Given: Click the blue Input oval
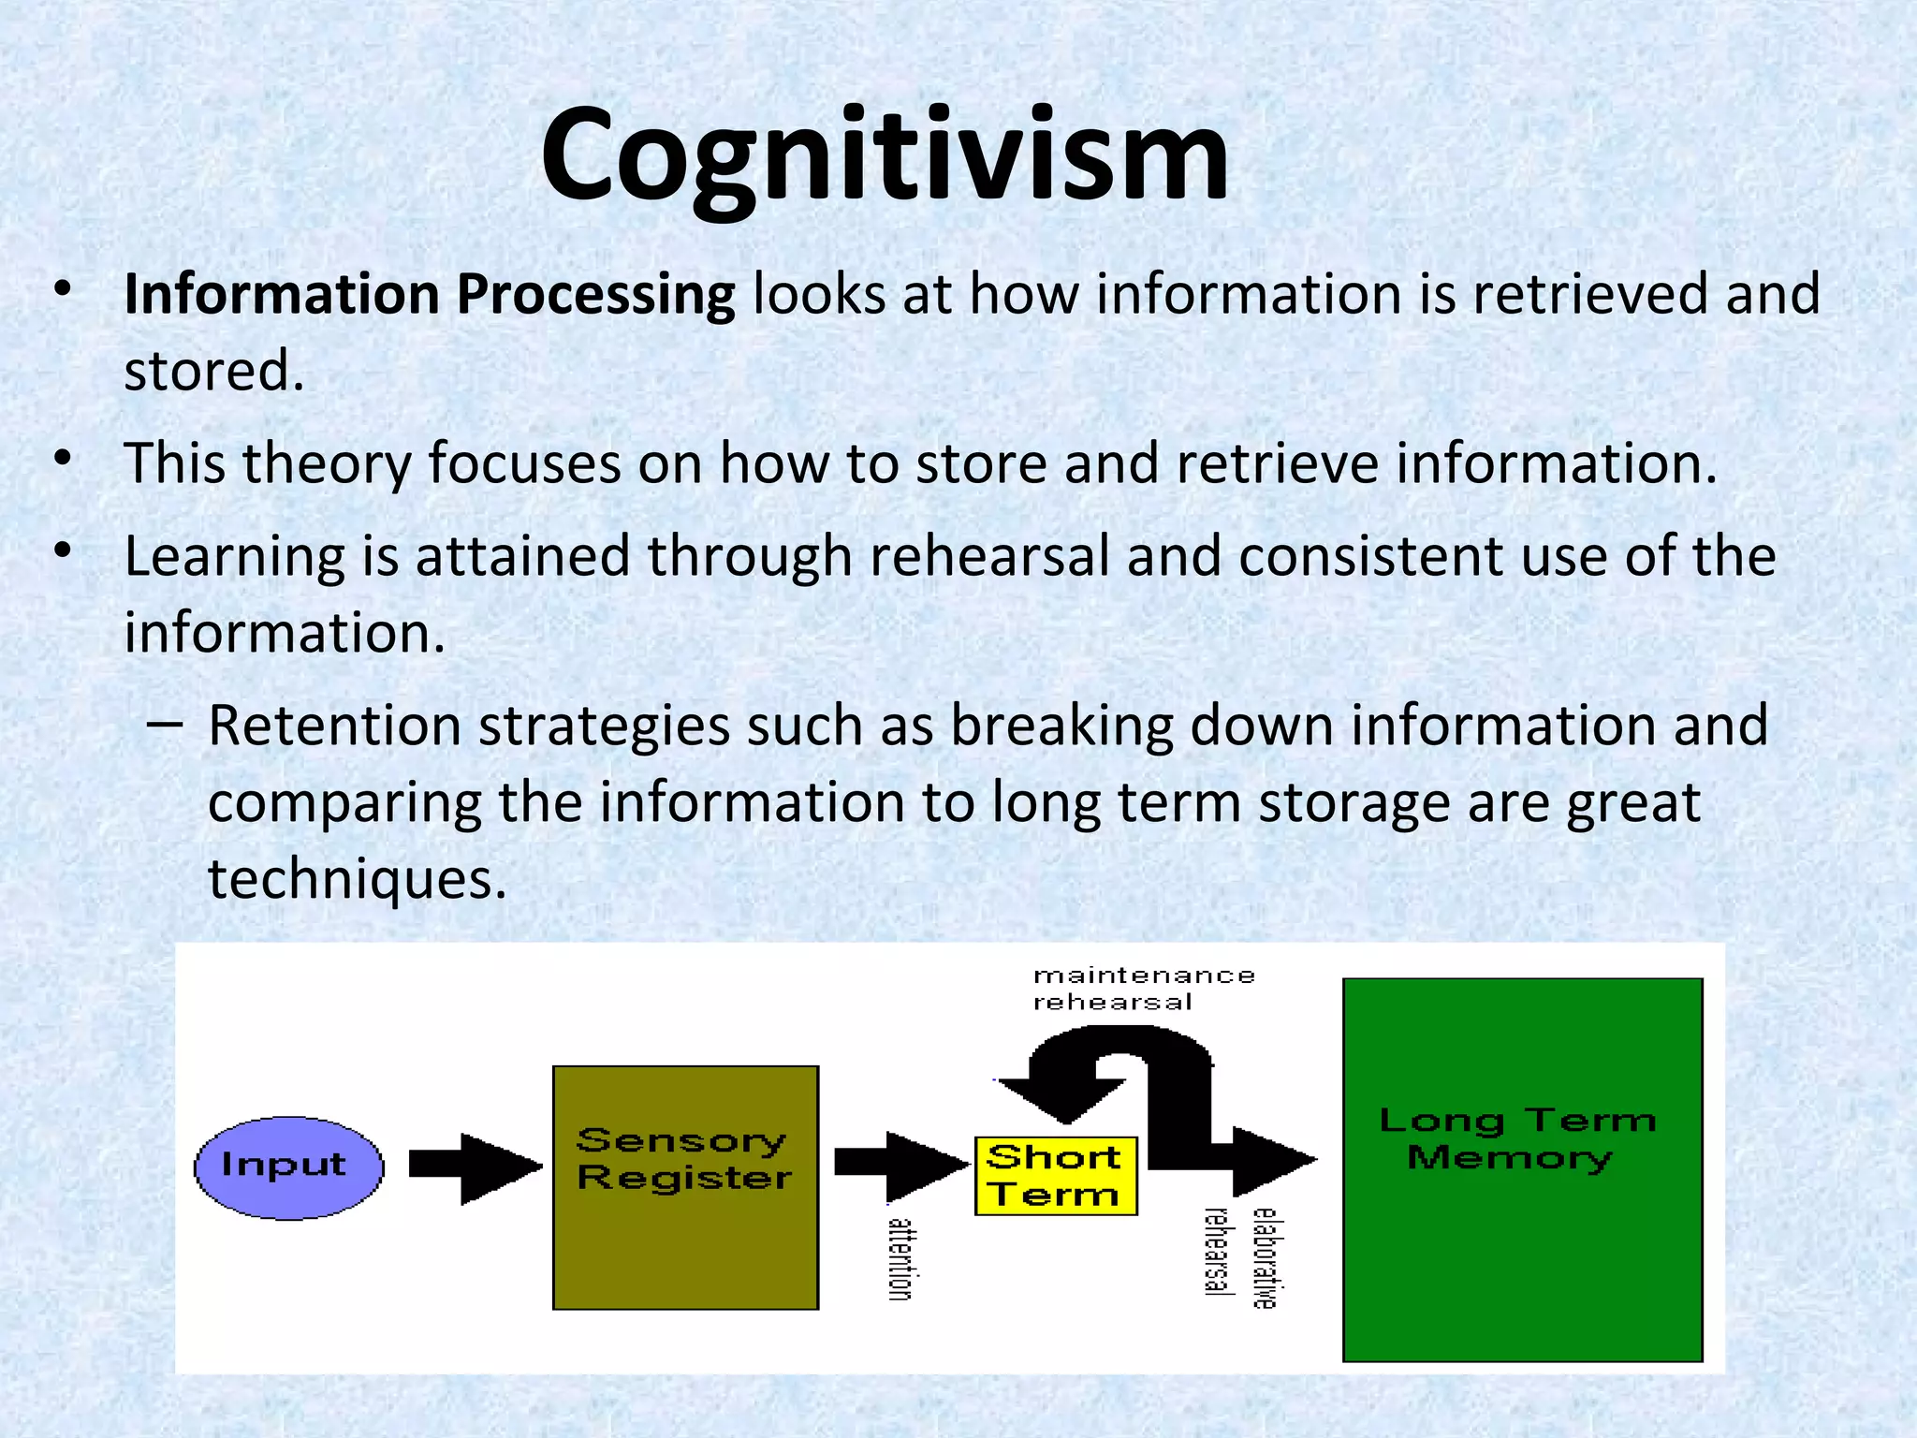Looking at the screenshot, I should coord(288,1167).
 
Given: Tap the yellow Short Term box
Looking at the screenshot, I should coord(1055,1176).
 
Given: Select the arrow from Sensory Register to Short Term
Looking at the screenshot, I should coord(899,1165).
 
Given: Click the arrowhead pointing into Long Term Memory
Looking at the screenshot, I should coord(1273,1161).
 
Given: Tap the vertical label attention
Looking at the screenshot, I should coord(900,1259).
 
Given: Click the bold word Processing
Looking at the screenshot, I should coord(595,296).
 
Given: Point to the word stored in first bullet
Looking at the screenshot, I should coord(213,371).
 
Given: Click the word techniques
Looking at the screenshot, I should coord(356,879).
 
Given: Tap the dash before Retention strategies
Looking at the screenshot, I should coord(165,724).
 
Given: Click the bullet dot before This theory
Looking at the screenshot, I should coord(63,459).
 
